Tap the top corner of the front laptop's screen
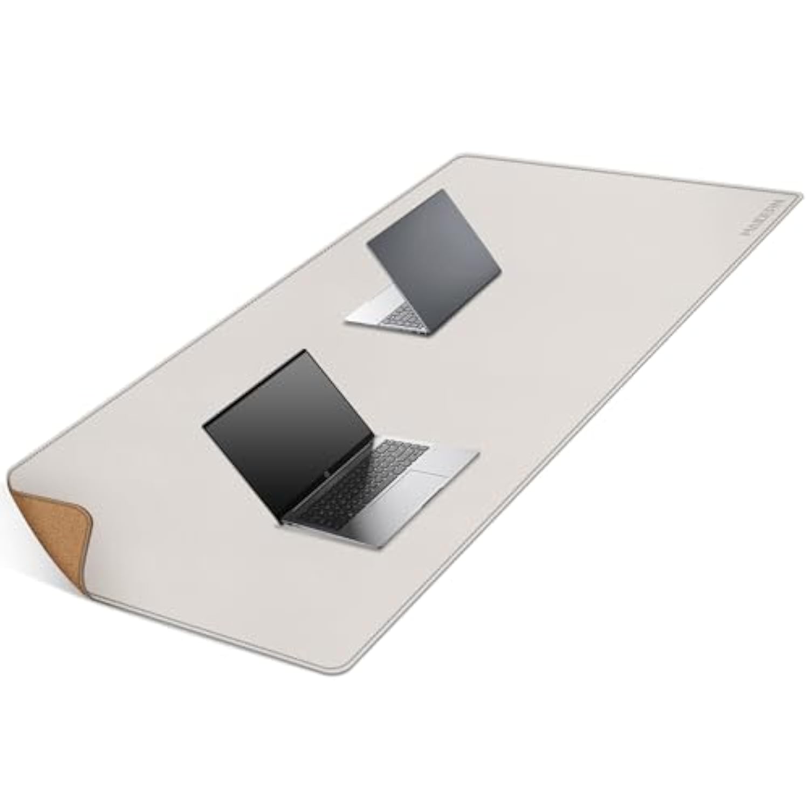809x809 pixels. (305, 351)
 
